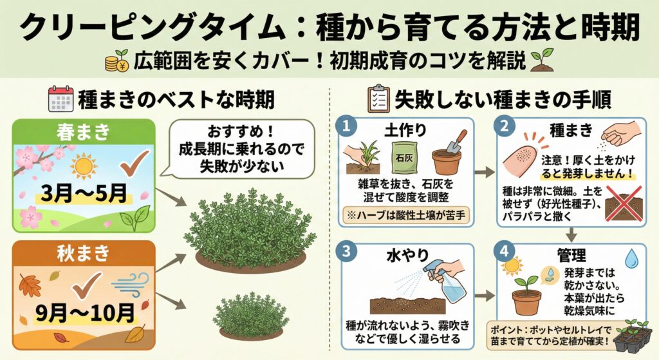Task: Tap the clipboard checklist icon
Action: [x=378, y=99]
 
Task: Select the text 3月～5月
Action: [x=84, y=193]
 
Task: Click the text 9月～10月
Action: [x=85, y=312]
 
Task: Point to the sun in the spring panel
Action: [x=84, y=166]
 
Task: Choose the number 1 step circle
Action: [x=346, y=126]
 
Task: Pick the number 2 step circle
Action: [x=504, y=126]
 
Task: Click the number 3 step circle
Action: [x=346, y=252]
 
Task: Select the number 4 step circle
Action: [x=504, y=252]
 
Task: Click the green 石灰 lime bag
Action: [x=405, y=157]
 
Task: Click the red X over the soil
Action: [x=624, y=204]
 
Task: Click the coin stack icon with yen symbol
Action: [x=116, y=61]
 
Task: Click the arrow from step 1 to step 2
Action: [x=485, y=171]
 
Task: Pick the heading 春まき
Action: [x=83, y=132]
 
